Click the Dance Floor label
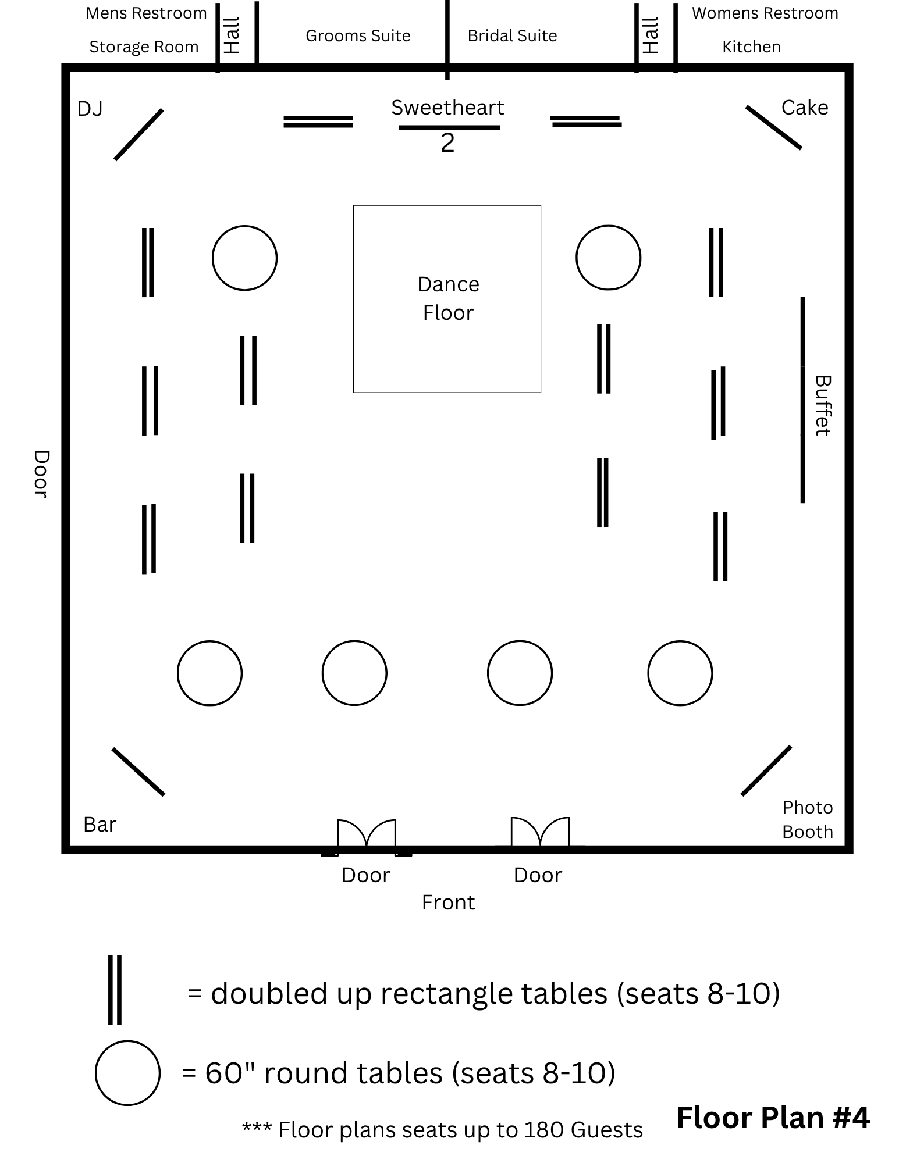coord(447,298)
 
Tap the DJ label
coord(90,109)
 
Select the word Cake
coord(804,108)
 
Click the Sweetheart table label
coord(447,108)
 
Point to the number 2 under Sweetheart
coord(447,143)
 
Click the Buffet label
coord(822,405)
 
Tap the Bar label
coord(100,824)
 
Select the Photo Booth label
coord(807,819)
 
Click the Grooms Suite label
coord(358,36)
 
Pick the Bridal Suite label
coord(512,36)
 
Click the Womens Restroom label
coord(765,13)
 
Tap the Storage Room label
coord(144,47)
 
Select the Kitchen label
coord(751,47)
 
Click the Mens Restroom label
coord(146,13)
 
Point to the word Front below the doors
coord(448,902)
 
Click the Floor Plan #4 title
coord(773,1117)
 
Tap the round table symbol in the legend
coord(127,1073)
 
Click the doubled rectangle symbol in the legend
coord(115,990)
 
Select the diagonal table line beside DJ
coord(138,134)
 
